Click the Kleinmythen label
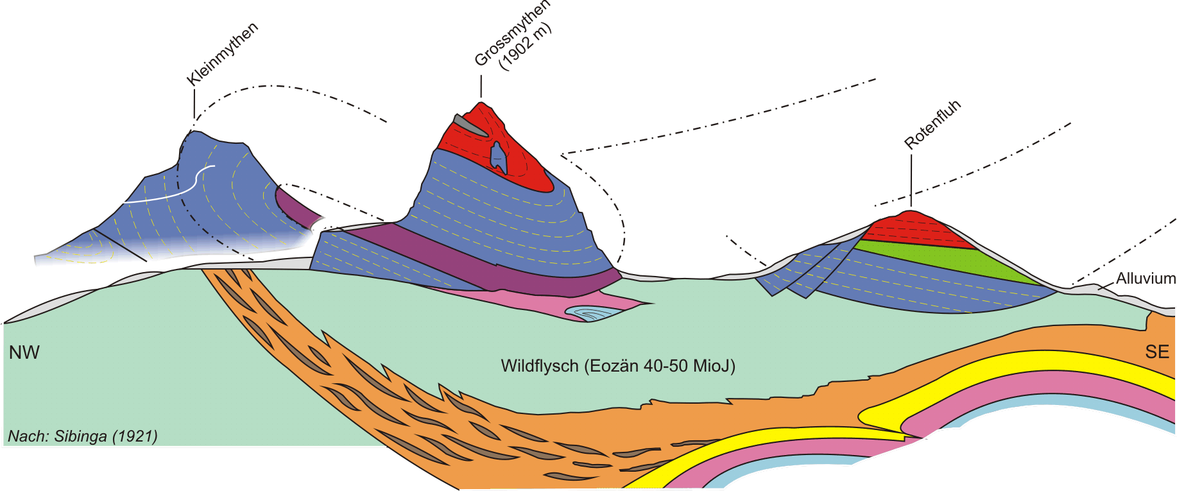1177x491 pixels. [x=222, y=54]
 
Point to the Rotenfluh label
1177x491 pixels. [x=932, y=125]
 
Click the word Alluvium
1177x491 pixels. [x=1146, y=279]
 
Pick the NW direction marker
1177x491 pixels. [x=24, y=352]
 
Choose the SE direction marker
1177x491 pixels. [x=1157, y=352]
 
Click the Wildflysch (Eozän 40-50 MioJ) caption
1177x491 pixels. [x=617, y=366]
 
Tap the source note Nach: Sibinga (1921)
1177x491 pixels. [x=83, y=436]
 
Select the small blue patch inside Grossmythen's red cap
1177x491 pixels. [x=498, y=158]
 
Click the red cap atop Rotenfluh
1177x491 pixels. [x=915, y=228]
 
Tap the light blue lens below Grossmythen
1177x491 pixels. [x=594, y=313]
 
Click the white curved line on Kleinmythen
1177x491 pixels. [x=173, y=189]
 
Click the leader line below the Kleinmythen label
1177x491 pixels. [x=194, y=103]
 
